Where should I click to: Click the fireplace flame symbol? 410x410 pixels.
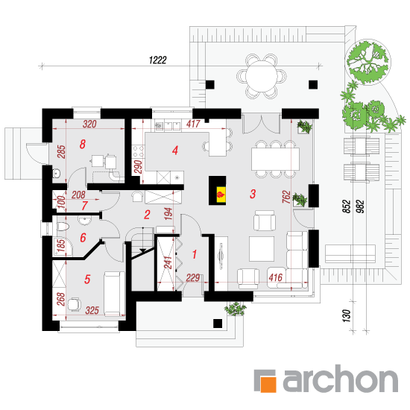coord(221,195)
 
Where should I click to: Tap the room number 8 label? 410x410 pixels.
coord(82,144)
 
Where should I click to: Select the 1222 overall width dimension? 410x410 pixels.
coord(158,60)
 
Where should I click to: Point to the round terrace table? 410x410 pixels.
coord(261,76)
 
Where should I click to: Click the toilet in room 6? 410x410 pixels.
coord(63,227)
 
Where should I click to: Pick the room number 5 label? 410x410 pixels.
coord(87,280)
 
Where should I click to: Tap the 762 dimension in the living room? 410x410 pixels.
coord(286,197)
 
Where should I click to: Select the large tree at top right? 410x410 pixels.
coord(368,62)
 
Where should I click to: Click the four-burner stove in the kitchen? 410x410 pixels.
coord(139,151)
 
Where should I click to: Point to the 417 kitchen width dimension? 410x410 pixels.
coord(193,124)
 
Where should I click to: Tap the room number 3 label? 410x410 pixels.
coord(253,194)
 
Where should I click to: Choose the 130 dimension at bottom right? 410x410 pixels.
coord(346,315)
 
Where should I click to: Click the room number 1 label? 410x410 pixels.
coord(195,254)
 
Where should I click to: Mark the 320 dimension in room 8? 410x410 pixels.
coord(89,124)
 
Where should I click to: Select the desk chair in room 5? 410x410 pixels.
coord(75,304)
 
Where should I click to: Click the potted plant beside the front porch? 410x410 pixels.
coord(236,309)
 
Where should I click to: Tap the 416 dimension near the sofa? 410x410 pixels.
coord(275,277)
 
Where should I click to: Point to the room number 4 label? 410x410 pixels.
coord(175,150)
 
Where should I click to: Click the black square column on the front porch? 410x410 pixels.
coord(218,324)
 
